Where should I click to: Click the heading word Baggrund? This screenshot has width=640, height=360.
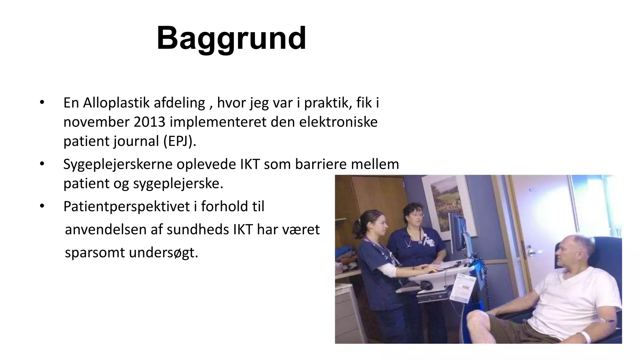[231, 38]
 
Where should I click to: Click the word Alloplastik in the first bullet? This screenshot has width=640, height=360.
[116, 103]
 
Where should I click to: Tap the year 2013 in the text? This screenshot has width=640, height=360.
[149, 122]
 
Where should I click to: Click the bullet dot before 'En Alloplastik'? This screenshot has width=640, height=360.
[42, 102]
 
